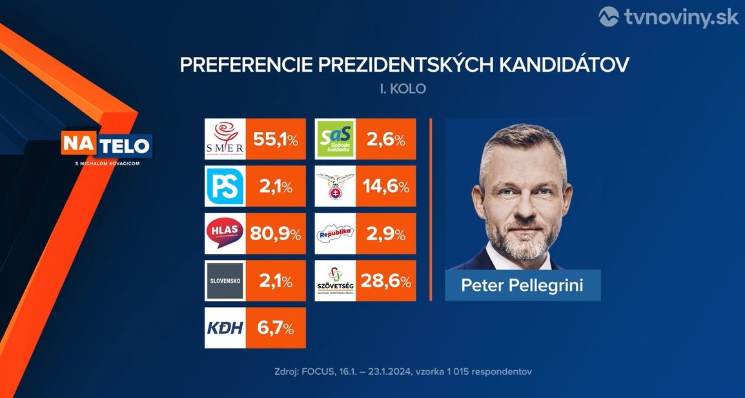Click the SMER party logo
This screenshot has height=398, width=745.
pyautogui.click(x=225, y=140)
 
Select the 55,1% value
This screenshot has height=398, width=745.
pyautogui.click(x=276, y=140)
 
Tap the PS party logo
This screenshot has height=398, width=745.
pyautogui.click(x=225, y=187)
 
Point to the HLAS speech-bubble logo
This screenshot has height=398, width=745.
pyautogui.click(x=225, y=233)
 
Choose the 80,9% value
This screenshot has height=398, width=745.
pyautogui.click(x=276, y=233)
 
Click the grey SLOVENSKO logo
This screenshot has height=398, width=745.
pyautogui.click(x=225, y=281)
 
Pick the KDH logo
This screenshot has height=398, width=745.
pyautogui.click(x=225, y=328)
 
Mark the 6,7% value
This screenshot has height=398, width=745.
pyautogui.click(x=276, y=328)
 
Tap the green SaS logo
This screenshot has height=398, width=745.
pyautogui.click(x=336, y=140)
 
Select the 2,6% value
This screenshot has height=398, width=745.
pyautogui.click(x=386, y=140)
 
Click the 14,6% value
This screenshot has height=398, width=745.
pyautogui.click(x=386, y=187)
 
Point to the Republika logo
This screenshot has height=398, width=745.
pyautogui.click(x=336, y=233)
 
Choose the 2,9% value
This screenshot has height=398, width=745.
pyautogui.click(x=386, y=233)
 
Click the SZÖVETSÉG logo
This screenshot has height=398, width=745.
pyautogui.click(x=336, y=281)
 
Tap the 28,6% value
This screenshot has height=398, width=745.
pyautogui.click(x=386, y=281)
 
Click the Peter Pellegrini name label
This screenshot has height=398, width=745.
pyautogui.click(x=522, y=285)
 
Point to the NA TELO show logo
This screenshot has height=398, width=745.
pyautogui.click(x=107, y=146)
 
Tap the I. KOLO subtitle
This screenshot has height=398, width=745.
pyautogui.click(x=403, y=89)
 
